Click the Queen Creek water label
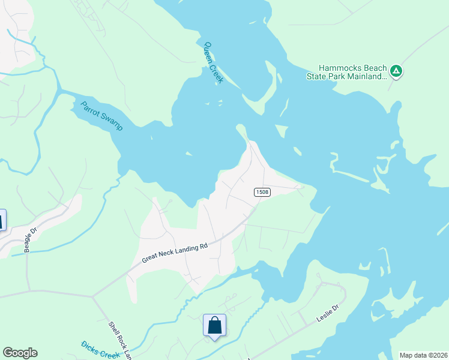(213, 62)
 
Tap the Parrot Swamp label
(101, 116)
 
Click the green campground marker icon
(396, 72)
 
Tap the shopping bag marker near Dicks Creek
(214, 326)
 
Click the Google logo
(20, 353)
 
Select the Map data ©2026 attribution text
(423, 355)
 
